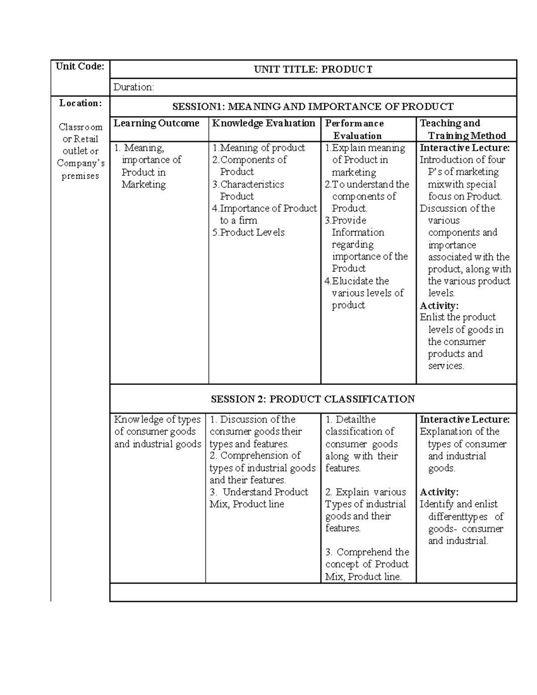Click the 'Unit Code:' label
click(80, 67)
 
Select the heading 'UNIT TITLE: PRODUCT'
click(313, 69)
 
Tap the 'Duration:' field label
click(133, 87)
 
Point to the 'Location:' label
click(81, 103)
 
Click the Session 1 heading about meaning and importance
click(313, 107)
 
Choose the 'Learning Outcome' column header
click(156, 124)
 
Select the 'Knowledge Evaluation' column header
click(264, 124)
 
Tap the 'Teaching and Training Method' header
click(462, 129)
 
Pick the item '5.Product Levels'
click(248, 233)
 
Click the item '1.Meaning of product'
click(259, 148)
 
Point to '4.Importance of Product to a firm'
click(264, 214)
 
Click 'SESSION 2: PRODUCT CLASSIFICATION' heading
click(313, 399)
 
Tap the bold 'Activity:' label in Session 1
click(439, 306)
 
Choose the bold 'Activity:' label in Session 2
click(439, 492)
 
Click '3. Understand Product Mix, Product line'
click(259, 498)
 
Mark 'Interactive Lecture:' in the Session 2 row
click(465, 419)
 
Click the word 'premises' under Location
click(80, 176)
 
